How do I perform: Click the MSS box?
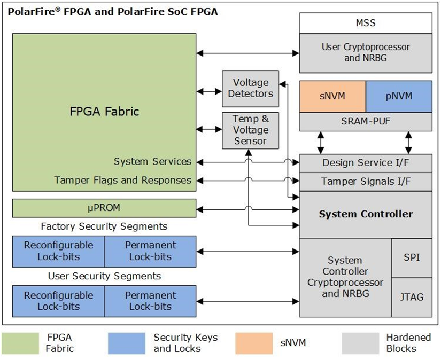coord(366,23)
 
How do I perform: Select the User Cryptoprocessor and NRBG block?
coord(366,53)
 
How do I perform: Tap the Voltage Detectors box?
coord(250,89)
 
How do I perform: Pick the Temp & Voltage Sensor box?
coord(250,130)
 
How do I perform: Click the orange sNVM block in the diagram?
coord(332,96)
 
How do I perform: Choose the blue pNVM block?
coord(399,96)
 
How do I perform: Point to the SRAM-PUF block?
coord(366,121)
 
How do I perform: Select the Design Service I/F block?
coord(366,163)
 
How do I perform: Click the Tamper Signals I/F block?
coord(366,182)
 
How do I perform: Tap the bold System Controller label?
coord(366,214)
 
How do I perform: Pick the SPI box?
coord(412,257)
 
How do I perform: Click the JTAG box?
coord(412,298)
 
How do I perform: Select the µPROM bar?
coord(104,208)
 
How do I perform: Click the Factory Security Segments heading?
coord(104,226)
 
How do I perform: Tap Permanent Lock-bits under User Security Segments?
coord(150,301)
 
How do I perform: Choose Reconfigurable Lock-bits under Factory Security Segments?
coord(58,251)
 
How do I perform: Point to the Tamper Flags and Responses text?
coord(122,180)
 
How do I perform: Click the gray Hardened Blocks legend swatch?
coord(360,343)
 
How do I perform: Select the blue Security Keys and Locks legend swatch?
coord(127,343)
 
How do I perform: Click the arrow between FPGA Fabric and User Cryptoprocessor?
coord(248,53)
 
